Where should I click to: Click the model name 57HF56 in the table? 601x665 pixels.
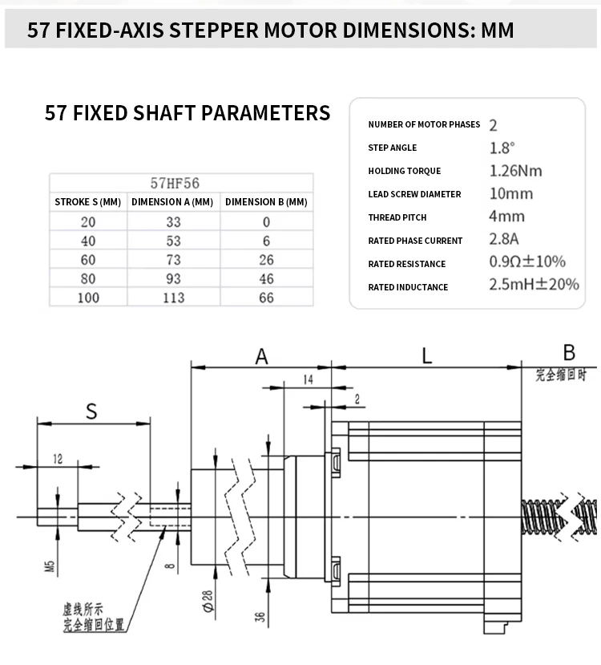(x=174, y=183)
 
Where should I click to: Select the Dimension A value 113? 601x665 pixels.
(x=174, y=298)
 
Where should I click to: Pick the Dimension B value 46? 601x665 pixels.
(x=267, y=278)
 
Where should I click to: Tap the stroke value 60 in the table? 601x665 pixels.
(x=88, y=260)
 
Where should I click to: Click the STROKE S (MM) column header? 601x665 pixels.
(x=88, y=202)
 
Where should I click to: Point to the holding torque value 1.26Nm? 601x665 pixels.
(x=515, y=170)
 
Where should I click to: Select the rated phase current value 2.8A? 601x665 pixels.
(x=504, y=239)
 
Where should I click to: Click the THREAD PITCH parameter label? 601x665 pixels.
(x=397, y=217)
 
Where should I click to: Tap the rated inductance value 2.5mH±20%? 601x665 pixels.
(x=534, y=285)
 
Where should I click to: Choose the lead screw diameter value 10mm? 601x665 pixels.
(x=510, y=193)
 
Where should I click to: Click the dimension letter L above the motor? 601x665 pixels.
(x=427, y=355)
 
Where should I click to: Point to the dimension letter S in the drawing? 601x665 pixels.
(x=91, y=412)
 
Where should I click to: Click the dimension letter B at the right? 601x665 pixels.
(x=569, y=352)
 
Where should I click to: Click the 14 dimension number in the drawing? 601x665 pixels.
(x=309, y=379)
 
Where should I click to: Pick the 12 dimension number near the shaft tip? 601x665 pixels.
(x=57, y=459)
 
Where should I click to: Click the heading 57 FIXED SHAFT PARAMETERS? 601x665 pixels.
(x=188, y=113)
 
